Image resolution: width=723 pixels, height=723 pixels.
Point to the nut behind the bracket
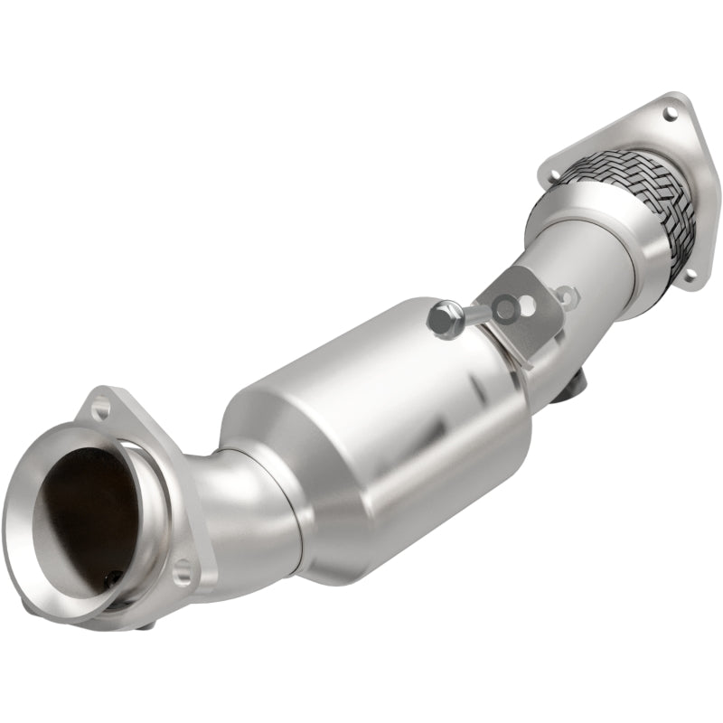pyautogui.click(x=566, y=294)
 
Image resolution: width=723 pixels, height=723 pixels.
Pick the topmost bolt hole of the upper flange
pyautogui.click(x=670, y=114)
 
